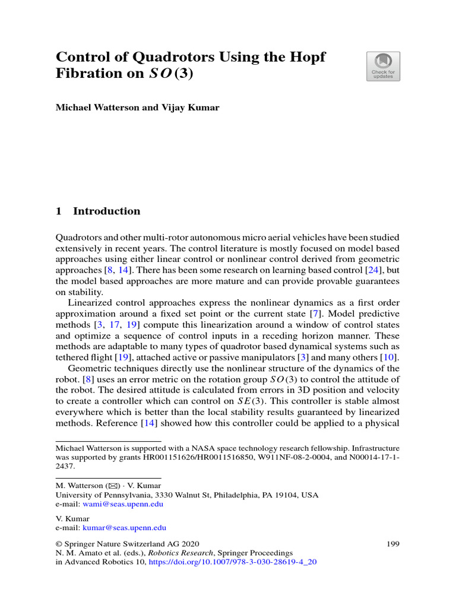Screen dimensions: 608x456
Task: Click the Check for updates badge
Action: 383,66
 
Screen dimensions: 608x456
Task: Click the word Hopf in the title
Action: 308,58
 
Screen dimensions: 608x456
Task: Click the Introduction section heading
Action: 106,211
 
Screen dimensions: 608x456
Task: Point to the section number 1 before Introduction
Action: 59,211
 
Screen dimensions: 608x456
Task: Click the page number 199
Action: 392,543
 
